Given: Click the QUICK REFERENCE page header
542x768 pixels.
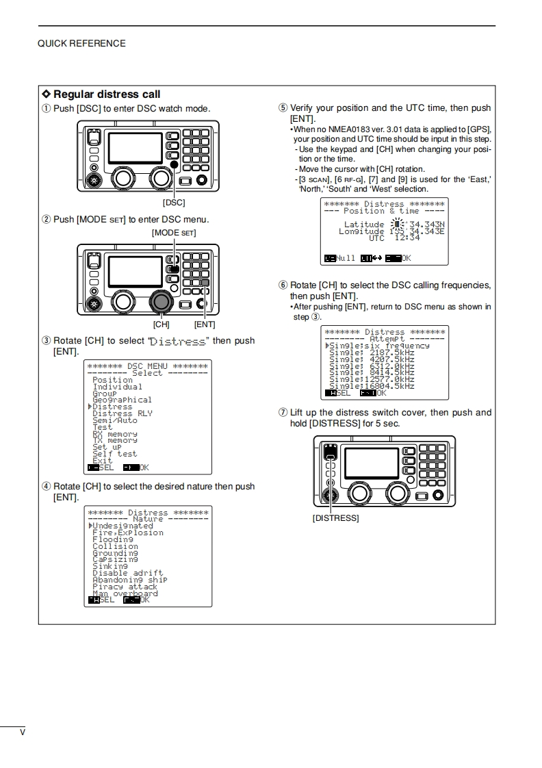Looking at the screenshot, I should click(81, 43).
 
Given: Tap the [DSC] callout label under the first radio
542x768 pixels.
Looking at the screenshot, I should click(173, 203).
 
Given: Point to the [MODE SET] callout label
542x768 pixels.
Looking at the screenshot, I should click(174, 233).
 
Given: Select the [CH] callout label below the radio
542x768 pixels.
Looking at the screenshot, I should click(161, 324).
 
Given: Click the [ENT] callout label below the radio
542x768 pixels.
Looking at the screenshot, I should click(204, 324).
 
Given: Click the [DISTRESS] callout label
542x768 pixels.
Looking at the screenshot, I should click(335, 518).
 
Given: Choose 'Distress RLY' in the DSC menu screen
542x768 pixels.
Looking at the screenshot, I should click(122, 413).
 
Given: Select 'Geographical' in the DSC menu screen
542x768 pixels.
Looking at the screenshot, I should click(122, 400).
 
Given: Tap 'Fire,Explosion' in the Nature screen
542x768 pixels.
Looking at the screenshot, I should click(128, 533).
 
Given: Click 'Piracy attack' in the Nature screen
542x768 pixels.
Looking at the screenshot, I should click(125, 587).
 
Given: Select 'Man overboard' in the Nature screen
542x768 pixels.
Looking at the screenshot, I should click(125, 593).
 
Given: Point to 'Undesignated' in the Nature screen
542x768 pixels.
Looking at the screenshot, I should click(123, 526).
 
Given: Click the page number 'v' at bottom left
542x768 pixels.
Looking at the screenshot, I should click(23, 732).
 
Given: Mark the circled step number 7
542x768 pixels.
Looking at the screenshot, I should click(283, 413).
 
